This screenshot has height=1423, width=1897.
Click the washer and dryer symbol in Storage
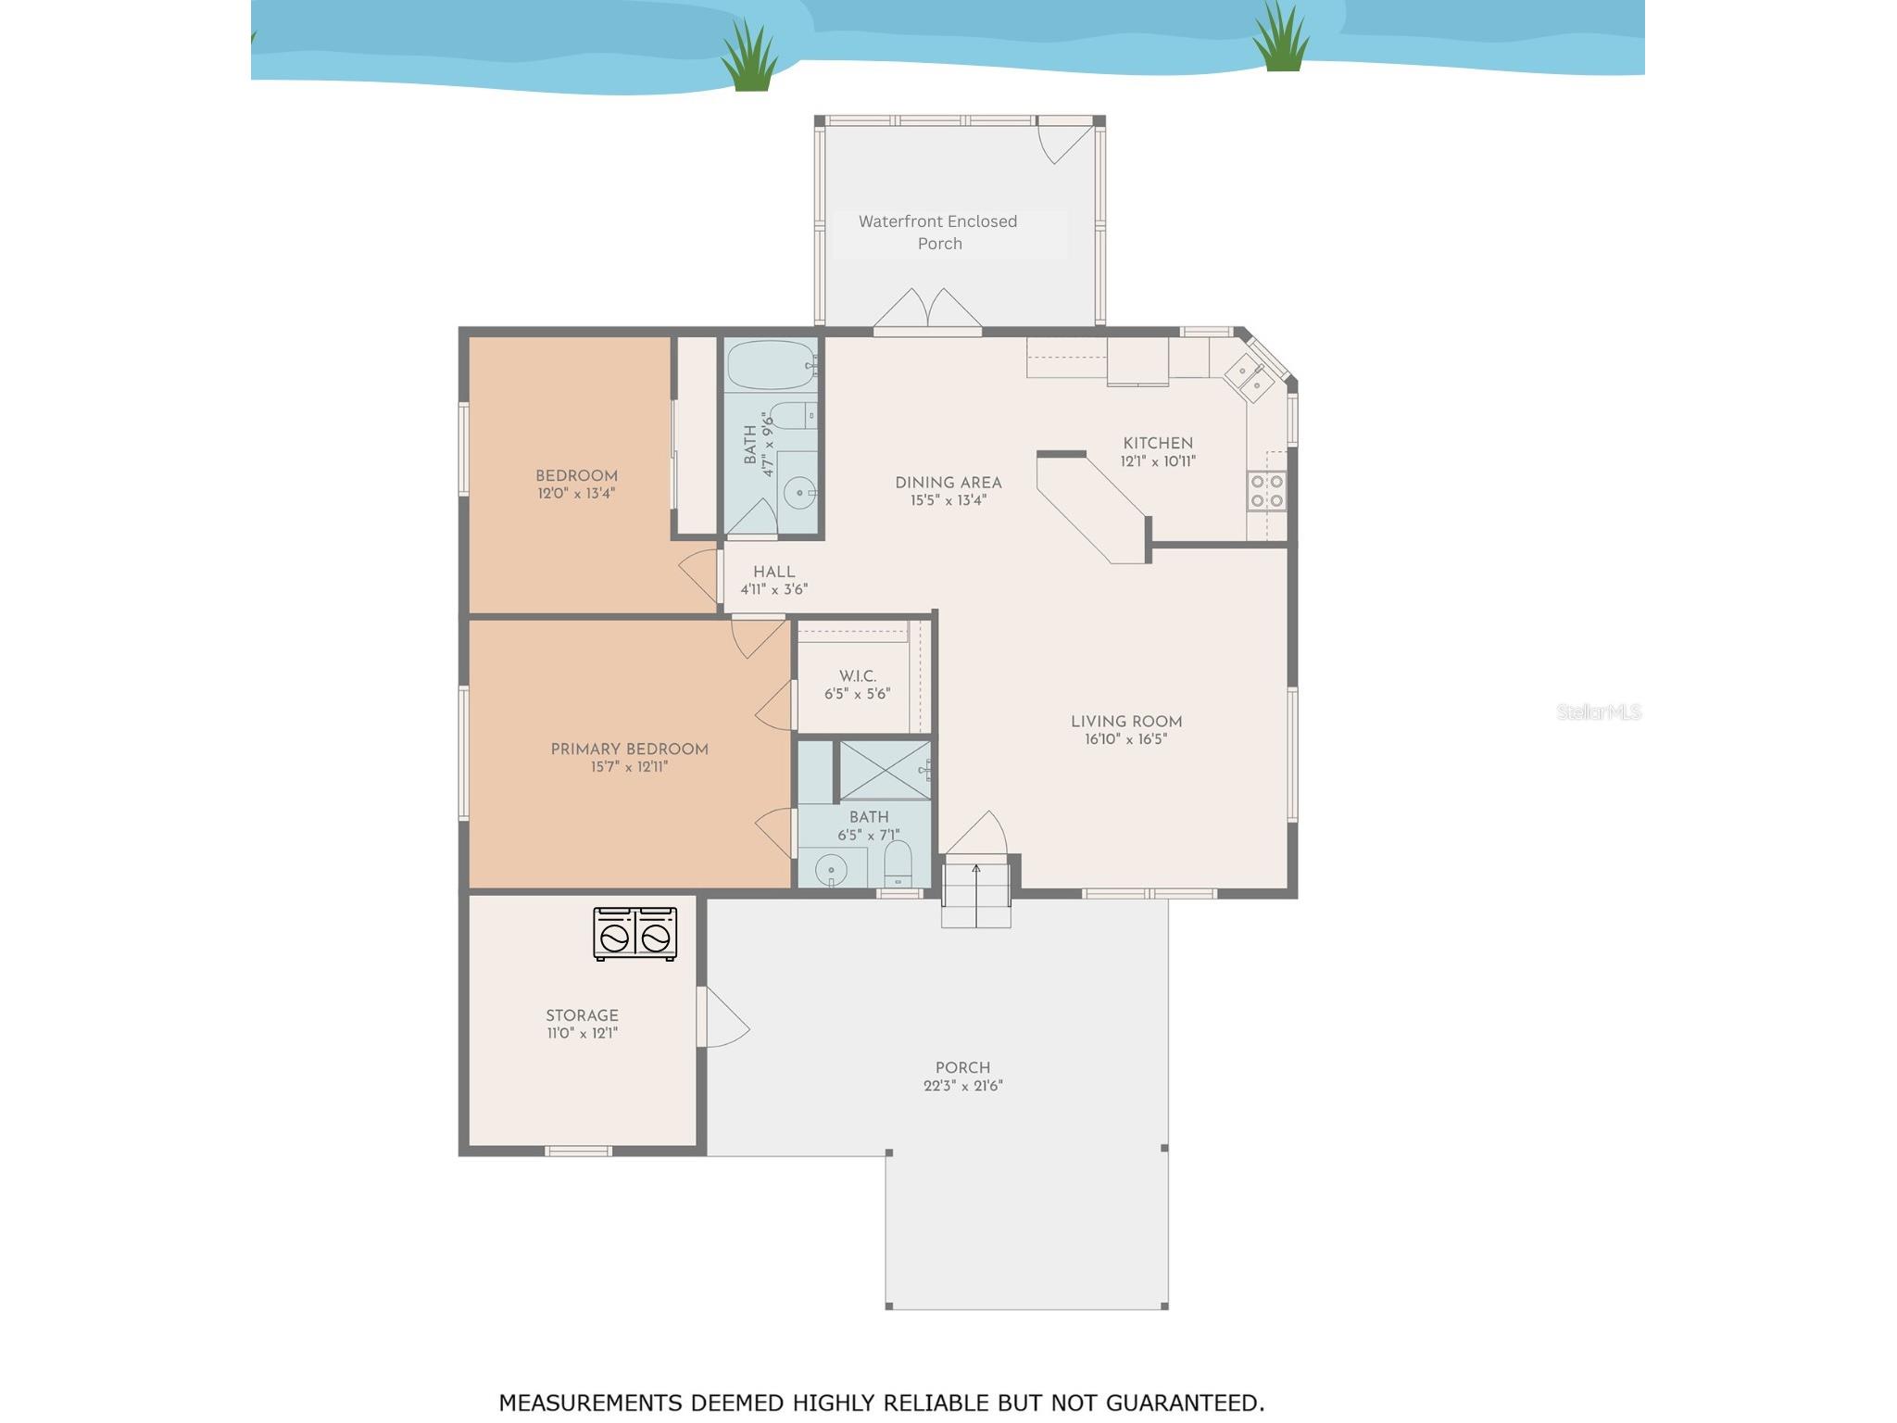tap(634, 933)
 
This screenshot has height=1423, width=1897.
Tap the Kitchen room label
tap(1157, 443)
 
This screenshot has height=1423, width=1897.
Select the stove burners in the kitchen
tap(1266, 491)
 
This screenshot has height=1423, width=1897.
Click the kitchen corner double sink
tap(1249, 377)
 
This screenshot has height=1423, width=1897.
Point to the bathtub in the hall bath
tap(771, 365)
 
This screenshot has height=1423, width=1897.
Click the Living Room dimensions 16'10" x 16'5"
tap(1125, 739)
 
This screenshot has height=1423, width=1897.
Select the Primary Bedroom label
tap(629, 749)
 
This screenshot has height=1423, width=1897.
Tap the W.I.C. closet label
tap(857, 676)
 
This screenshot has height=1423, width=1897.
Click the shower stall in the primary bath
tap(885, 770)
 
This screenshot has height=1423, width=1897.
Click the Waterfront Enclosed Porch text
tap(938, 233)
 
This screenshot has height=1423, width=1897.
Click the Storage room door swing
tap(726, 1019)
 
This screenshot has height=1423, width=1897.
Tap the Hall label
tap(773, 572)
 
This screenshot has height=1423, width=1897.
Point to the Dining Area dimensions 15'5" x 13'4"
tap(948, 500)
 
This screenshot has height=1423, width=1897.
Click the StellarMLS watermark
tap(1598, 711)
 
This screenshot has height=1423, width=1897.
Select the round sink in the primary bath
tap(831, 870)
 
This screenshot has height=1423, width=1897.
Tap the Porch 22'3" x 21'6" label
tap(962, 1077)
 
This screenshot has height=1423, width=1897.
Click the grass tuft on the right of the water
tap(1281, 39)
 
